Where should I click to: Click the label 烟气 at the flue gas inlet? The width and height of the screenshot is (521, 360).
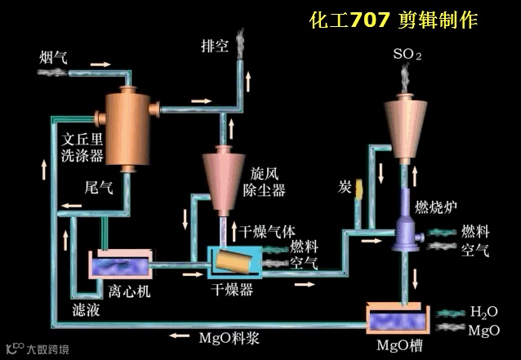tap(53, 58)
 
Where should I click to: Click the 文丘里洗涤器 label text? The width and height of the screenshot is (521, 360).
tap(82, 144)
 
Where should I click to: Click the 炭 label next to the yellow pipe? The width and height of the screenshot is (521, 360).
tap(345, 189)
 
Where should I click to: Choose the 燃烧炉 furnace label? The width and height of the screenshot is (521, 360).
tap(434, 202)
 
